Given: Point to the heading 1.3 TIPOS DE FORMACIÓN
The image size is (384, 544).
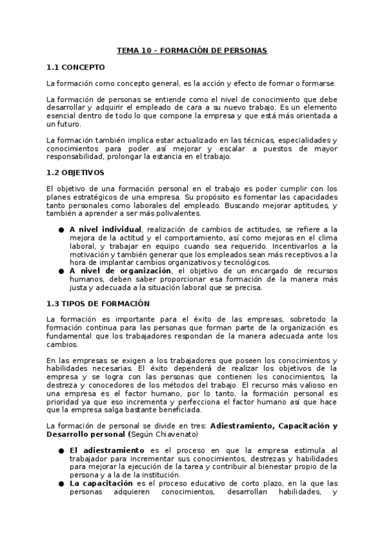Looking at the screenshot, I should [97, 303].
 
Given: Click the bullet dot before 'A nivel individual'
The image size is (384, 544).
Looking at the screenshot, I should [61, 230].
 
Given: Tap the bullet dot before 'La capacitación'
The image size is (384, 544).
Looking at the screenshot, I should [61, 484].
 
